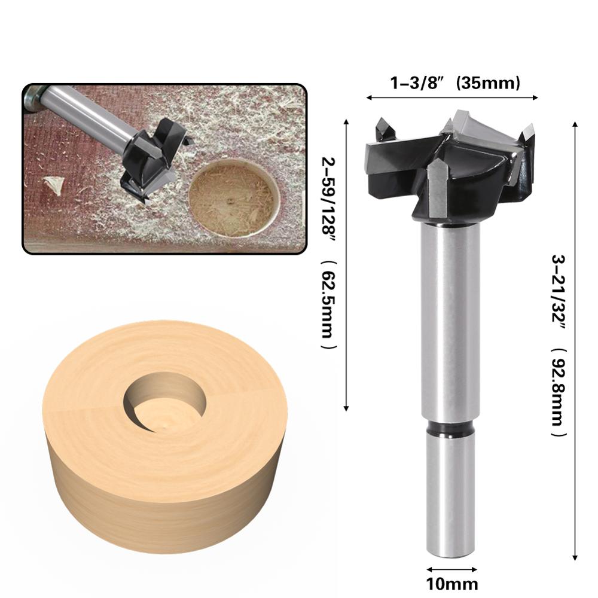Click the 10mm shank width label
click(x=453, y=583)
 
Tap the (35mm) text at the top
click(x=486, y=84)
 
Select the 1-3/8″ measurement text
click(x=415, y=84)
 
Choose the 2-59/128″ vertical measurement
click(x=327, y=203)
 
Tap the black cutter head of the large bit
click(x=443, y=167)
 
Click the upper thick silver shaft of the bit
click(x=451, y=317)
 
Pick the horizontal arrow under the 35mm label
click(x=452, y=97)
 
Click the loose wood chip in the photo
click(x=54, y=182)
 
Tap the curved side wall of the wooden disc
click(x=161, y=514)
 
